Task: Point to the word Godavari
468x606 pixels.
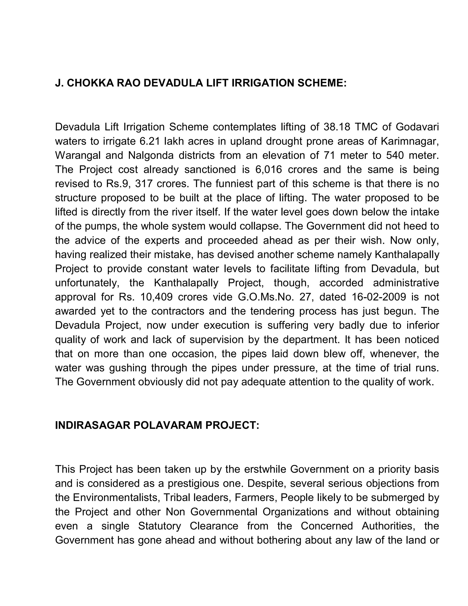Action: [x=417, y=127]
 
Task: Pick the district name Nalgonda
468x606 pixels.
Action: [x=151, y=155]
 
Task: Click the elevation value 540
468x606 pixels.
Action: [x=395, y=155]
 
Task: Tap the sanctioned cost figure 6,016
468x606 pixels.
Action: [x=268, y=169]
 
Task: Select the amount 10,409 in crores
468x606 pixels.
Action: [x=156, y=297]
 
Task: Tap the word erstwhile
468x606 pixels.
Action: [x=265, y=469]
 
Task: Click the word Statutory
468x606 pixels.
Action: [x=160, y=526]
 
